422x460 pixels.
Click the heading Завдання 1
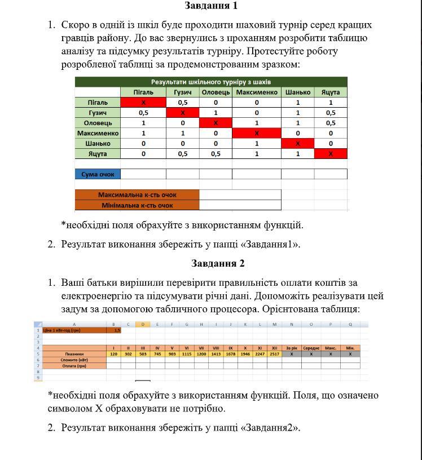[x=211, y=6]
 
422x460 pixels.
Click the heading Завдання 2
[x=218, y=263]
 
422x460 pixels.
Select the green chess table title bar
[x=211, y=82]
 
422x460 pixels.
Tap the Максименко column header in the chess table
[x=256, y=92]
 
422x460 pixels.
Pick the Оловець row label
[x=98, y=123]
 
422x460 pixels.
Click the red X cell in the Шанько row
[x=297, y=143]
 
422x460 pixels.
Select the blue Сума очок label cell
[x=98, y=174]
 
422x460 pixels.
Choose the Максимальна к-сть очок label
[x=137, y=194]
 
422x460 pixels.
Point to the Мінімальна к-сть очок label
[x=137, y=205]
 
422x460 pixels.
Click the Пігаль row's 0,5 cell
[x=183, y=103]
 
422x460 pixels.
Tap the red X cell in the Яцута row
[x=331, y=153]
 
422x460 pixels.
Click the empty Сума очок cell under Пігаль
[x=143, y=174]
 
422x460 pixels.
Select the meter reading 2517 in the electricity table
[x=274, y=354]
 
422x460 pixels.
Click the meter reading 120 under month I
[x=113, y=354]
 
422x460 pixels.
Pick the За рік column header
[x=292, y=348]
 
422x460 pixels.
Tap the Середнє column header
[x=311, y=348]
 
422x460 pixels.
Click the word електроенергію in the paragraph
[x=97, y=295]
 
